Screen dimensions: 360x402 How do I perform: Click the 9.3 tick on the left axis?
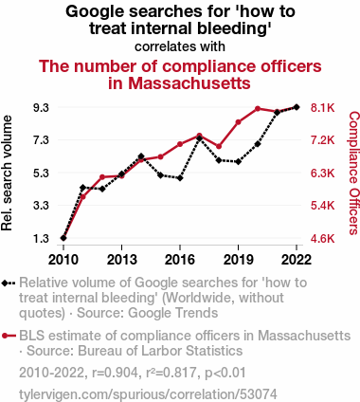click(41, 108)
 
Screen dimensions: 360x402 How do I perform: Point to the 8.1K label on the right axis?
click(322, 108)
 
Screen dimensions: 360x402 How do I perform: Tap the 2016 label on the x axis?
click(180, 260)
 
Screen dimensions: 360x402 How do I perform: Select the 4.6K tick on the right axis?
click(322, 238)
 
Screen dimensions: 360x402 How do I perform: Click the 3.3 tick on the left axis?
click(41, 206)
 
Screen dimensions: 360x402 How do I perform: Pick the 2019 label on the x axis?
click(238, 260)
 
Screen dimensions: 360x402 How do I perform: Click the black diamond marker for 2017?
click(199, 138)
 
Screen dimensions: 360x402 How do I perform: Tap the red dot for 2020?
click(258, 109)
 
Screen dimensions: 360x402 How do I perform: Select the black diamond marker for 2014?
click(141, 156)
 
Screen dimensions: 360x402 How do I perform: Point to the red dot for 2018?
click(219, 146)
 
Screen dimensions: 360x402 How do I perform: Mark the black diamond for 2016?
click(180, 178)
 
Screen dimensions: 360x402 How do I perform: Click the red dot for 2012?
click(102, 177)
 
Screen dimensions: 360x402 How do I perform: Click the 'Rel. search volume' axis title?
click(7, 174)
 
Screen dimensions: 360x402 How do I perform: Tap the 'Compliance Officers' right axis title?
click(354, 174)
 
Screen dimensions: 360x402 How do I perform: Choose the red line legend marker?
click(9, 336)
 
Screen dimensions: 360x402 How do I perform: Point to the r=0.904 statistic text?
click(115, 373)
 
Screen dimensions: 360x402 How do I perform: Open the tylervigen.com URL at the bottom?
click(148, 394)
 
